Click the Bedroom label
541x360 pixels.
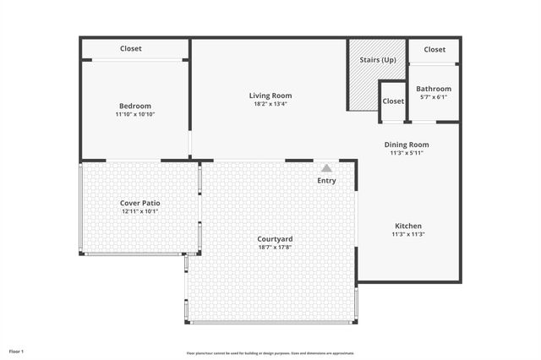(x=135, y=106)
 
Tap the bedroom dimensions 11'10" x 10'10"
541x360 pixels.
(x=135, y=114)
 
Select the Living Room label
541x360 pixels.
(x=270, y=95)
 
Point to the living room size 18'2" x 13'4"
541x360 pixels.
(x=270, y=104)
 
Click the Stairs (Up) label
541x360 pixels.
(x=378, y=60)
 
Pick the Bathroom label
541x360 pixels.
(x=434, y=89)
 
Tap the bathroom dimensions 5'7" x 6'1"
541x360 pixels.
(x=434, y=97)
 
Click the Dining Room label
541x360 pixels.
(x=407, y=145)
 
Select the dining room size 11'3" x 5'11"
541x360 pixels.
(x=407, y=153)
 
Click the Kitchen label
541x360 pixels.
(x=408, y=226)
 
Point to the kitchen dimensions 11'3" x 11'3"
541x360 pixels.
(x=408, y=234)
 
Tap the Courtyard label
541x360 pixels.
(x=275, y=239)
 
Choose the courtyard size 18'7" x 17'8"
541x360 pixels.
(x=275, y=248)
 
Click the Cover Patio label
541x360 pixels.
(x=140, y=203)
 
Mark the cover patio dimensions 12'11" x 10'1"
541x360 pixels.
(x=140, y=211)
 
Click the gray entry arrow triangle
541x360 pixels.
(x=326, y=168)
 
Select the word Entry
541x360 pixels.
(x=326, y=181)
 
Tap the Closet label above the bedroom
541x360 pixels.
(x=131, y=49)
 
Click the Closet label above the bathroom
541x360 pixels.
(x=434, y=50)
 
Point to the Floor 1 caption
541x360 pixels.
(x=17, y=351)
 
